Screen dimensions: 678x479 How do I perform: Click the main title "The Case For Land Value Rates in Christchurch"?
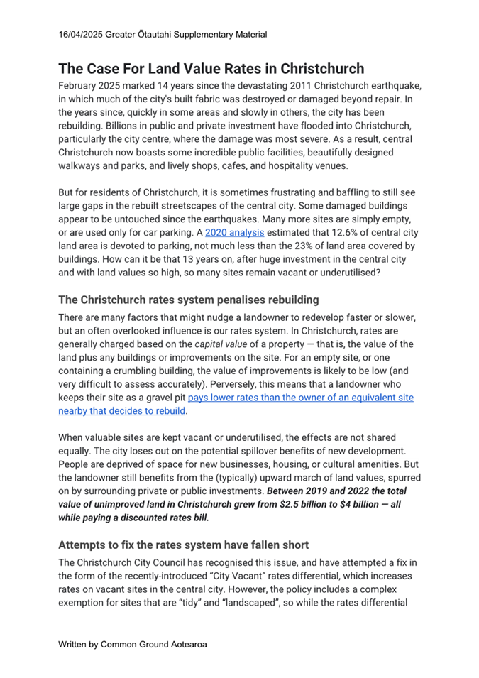(211, 69)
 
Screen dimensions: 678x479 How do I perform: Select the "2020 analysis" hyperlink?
(234, 232)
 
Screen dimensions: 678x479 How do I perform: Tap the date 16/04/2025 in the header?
(83, 33)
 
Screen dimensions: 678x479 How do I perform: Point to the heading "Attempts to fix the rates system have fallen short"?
(183, 545)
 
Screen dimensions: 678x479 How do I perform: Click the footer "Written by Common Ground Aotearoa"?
(132, 645)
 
